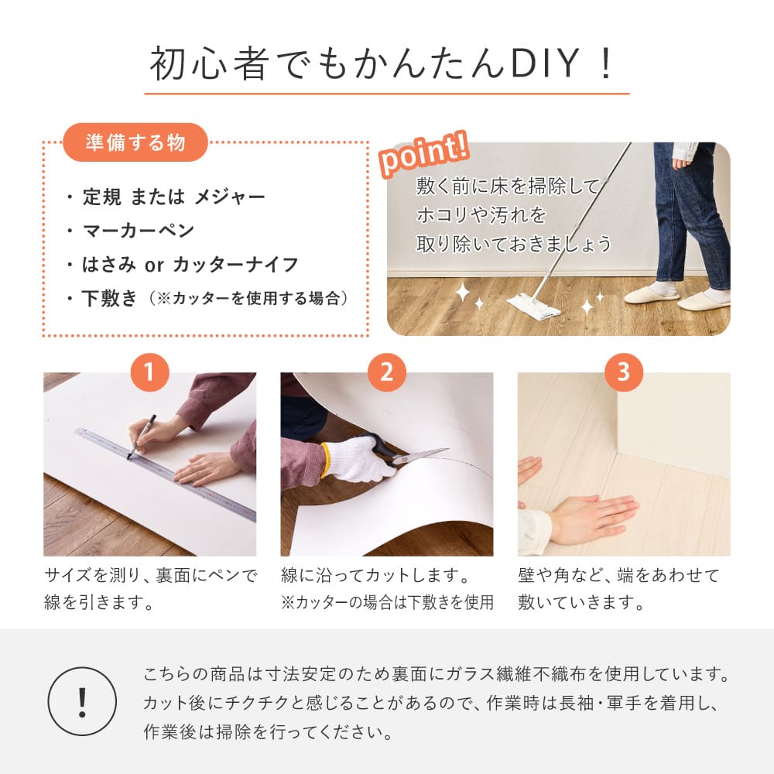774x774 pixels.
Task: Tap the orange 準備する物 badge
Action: pos(135,142)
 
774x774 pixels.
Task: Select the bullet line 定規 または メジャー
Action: pos(173,197)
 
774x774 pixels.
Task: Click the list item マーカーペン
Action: pos(139,231)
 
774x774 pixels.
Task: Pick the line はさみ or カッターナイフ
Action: pos(190,265)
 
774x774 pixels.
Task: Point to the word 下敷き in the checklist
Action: pos(109,299)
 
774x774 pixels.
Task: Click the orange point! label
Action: pos(423,155)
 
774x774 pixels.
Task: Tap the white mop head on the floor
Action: pos(533,307)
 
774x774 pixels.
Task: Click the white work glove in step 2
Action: pos(357,461)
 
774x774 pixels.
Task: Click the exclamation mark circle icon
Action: pos(82,701)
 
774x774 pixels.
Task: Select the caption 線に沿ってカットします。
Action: pos(376,576)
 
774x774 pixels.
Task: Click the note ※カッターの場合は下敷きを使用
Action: pos(387,603)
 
